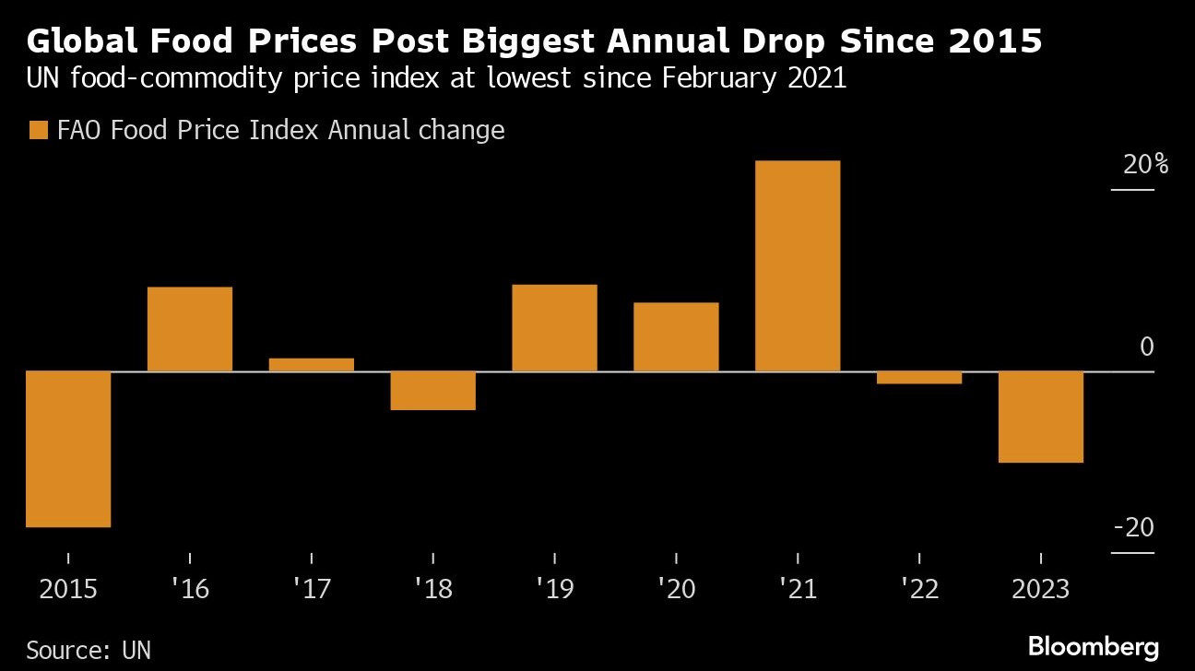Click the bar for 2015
point(68,449)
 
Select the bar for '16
point(190,329)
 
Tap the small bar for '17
point(312,365)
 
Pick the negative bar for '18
point(433,391)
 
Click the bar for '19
point(554,328)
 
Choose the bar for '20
point(676,337)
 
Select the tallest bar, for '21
point(798,266)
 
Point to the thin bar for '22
point(919,378)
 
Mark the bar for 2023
point(1041,417)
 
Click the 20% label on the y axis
point(1145,166)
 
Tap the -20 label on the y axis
point(1134,528)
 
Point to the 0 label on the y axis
point(1147,347)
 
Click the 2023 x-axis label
point(1041,589)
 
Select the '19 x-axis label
point(554,589)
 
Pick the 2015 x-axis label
point(68,589)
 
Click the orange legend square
point(39,131)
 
